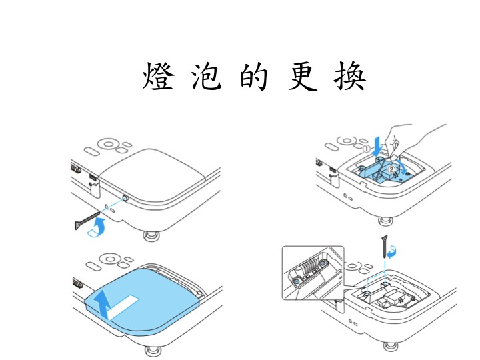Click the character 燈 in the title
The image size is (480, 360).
pos(159,75)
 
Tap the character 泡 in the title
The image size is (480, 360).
pos(207,76)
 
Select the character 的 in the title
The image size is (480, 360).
pos(254,76)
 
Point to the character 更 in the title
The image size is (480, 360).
pos(303,76)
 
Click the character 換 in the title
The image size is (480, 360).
pos(350,76)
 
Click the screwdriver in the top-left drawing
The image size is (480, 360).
pos(87,220)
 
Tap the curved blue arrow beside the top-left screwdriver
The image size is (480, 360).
pos(97,227)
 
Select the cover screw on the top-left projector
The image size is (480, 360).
pos(125,198)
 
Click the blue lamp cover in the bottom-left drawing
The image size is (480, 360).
pos(143,299)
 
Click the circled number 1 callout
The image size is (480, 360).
pos(367,149)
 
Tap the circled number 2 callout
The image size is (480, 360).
pos(391,169)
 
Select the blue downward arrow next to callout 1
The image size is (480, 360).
pos(378,146)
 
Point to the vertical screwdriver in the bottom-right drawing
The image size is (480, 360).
pos(385,247)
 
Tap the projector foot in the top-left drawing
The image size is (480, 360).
pos(151,236)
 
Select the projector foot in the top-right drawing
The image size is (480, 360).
pos(386,221)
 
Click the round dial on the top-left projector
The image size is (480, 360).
pos(108,143)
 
